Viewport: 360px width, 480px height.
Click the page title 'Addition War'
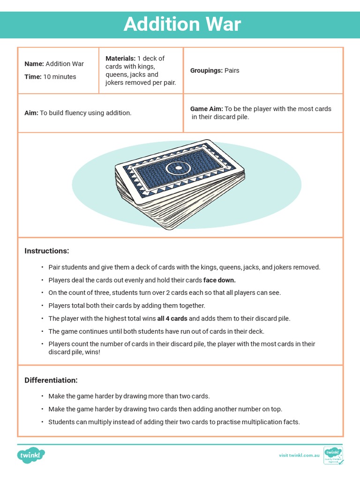click(x=182, y=24)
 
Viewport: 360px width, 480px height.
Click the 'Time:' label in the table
click(x=33, y=77)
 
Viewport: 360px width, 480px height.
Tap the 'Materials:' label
click(x=120, y=59)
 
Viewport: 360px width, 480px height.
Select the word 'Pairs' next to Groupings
click(x=232, y=71)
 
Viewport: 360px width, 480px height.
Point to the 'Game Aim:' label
click(x=206, y=109)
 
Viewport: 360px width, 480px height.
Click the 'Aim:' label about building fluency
click(x=31, y=113)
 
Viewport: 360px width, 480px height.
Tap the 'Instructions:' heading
click(x=46, y=251)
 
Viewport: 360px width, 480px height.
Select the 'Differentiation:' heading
click(x=51, y=380)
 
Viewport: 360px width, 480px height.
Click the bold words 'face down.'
click(x=219, y=280)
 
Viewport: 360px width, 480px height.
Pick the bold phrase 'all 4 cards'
click(x=172, y=319)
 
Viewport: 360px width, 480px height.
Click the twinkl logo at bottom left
click(x=31, y=455)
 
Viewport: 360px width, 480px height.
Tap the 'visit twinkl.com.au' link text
click(x=299, y=455)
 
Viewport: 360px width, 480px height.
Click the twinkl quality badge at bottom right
click(x=333, y=455)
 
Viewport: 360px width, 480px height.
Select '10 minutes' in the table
click(x=60, y=77)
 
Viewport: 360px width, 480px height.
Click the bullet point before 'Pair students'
click(x=42, y=268)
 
